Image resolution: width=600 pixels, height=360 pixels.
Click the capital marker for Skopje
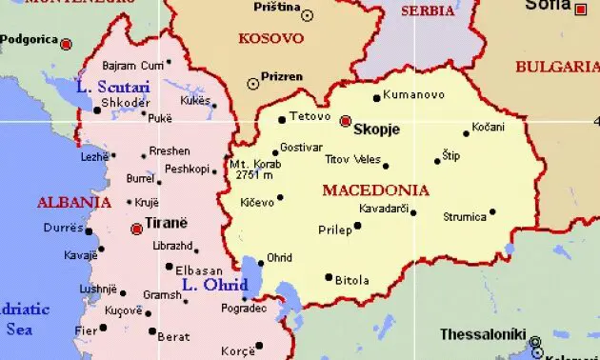point(345,121)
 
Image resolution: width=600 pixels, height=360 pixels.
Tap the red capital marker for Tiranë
point(137,229)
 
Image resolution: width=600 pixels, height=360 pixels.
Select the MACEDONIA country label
point(375,190)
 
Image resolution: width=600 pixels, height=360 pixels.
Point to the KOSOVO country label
point(272,39)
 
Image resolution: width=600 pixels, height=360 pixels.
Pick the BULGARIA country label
point(556,67)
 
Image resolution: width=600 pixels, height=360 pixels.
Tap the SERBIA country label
point(428,11)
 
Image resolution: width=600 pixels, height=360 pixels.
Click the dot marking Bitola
point(329,277)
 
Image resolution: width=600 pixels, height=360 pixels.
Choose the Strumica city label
point(465,217)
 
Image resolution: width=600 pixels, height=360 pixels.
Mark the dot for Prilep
point(357,227)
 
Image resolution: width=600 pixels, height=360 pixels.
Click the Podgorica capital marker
point(66,44)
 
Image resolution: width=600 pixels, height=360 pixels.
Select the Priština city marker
point(307,15)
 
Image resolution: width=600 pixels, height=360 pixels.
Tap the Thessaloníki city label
point(484,334)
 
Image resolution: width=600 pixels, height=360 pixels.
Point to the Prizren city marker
point(252,84)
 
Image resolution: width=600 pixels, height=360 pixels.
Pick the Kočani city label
point(489,127)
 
